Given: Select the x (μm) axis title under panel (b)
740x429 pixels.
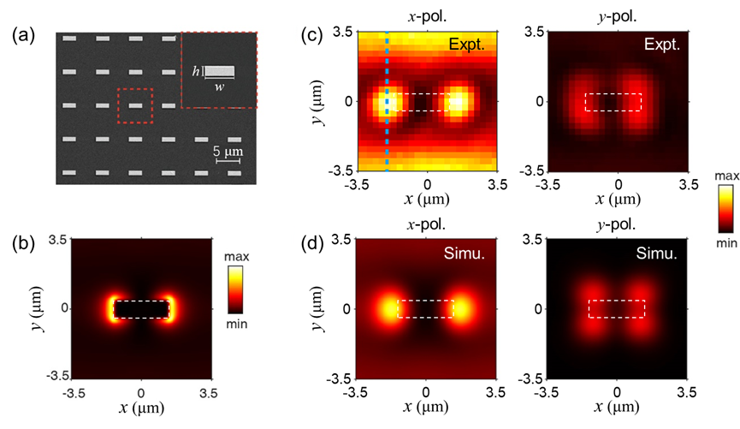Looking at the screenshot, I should point(142,416).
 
